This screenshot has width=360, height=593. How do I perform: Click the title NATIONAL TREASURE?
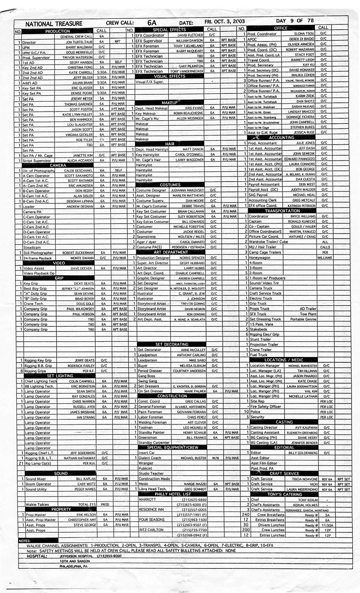(x=54, y=23)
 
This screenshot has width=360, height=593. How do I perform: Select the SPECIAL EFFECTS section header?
(x=169, y=30)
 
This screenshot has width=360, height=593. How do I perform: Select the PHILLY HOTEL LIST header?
(x=169, y=494)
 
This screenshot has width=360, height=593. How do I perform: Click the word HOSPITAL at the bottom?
(x=37, y=556)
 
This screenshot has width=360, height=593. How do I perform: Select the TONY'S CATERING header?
(x=285, y=494)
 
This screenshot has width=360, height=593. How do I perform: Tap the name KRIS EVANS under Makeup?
(x=183, y=108)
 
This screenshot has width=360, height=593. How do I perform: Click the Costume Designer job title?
(x=151, y=190)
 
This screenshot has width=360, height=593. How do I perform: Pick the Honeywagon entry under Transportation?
(x=260, y=257)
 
